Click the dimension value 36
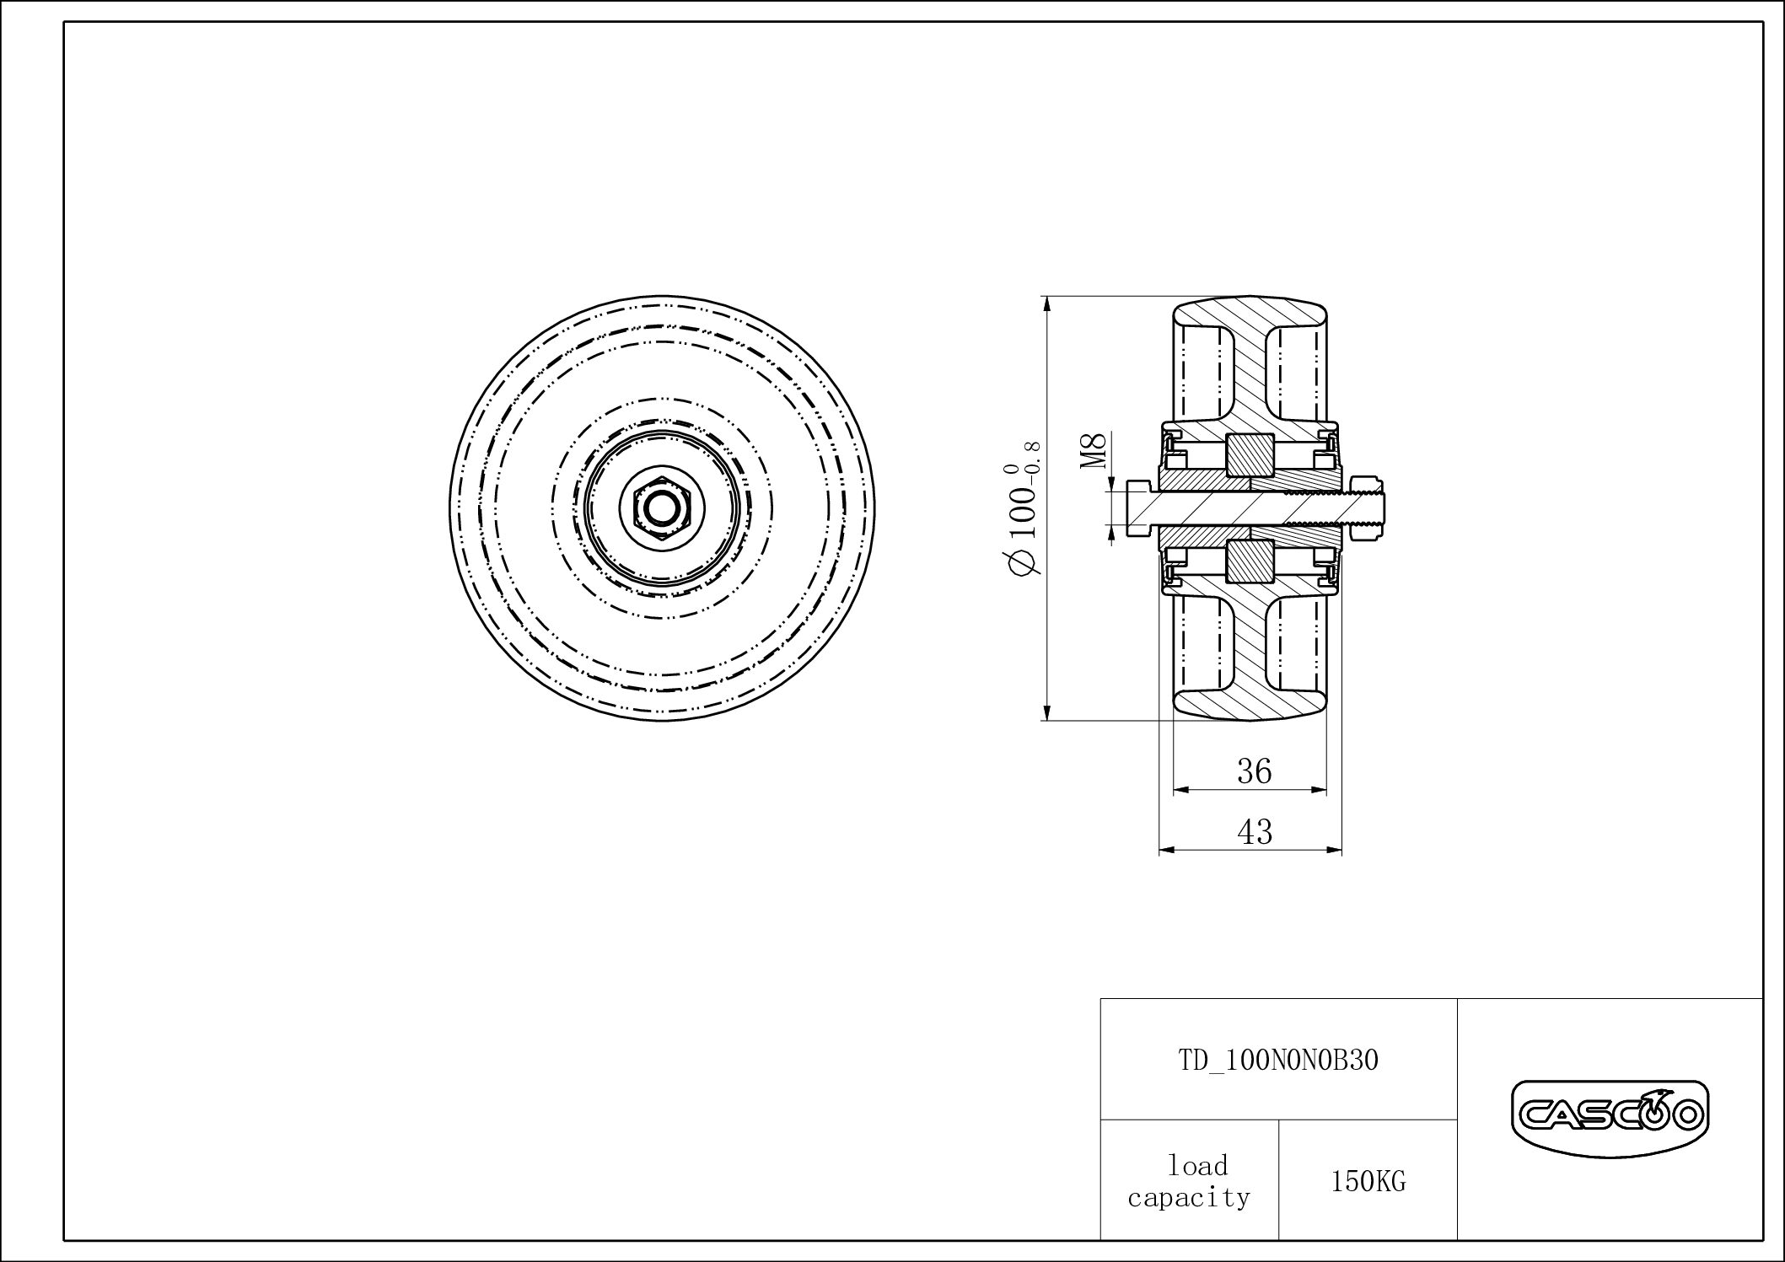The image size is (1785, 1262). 1254,771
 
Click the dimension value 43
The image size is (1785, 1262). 1254,832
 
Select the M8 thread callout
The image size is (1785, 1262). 1094,452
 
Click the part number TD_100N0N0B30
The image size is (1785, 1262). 1277,1060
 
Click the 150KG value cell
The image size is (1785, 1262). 1368,1182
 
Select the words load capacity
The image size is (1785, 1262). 1189,1181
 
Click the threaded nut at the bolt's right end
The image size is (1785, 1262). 1367,507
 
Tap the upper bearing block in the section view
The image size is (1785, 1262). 1250,456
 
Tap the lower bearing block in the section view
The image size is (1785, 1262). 1250,561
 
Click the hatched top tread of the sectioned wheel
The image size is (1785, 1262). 1250,315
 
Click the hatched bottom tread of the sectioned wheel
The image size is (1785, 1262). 1250,702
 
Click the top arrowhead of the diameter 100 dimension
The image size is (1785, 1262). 1046,304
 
